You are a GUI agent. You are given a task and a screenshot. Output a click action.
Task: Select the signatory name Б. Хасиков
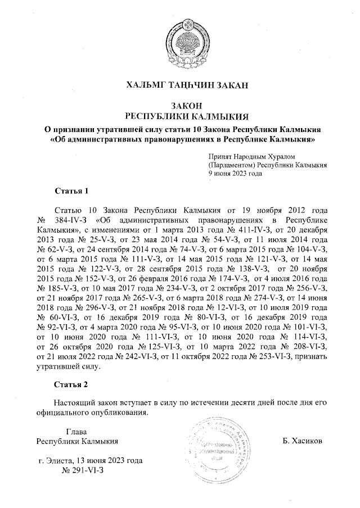click(x=303, y=441)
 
